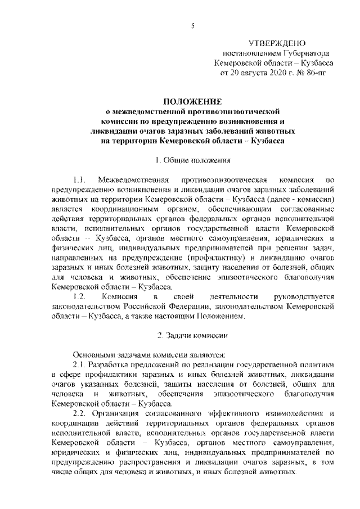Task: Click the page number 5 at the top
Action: point(192,25)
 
